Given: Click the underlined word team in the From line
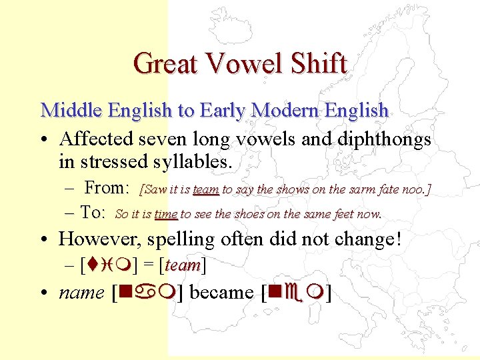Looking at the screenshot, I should pos(206,190).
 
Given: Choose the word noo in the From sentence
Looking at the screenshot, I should pos(417,190).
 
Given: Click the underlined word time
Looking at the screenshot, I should pos(165,215).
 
